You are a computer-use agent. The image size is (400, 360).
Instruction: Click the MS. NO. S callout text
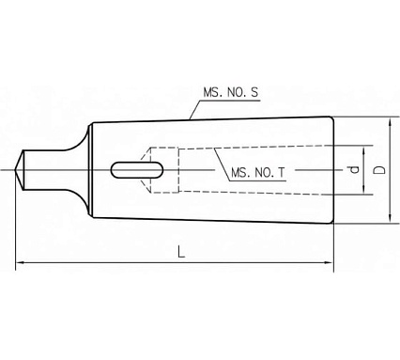pyautogui.click(x=231, y=92)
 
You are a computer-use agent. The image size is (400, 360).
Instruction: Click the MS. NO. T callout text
pyautogui.click(x=258, y=173)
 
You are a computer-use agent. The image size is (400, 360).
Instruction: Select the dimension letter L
pyautogui.click(x=181, y=252)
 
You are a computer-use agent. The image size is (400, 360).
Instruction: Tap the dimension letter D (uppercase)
pyautogui.click(x=380, y=170)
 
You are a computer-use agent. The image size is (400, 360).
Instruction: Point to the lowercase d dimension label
pyautogui.click(x=354, y=170)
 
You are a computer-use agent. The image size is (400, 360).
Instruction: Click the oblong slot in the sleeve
pyautogui.click(x=137, y=170)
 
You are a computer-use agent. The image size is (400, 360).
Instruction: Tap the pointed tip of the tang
pyautogui.click(x=15, y=170)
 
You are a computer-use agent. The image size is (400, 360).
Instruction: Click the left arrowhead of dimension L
pyautogui.click(x=20, y=262)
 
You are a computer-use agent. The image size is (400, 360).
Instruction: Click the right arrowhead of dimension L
pyautogui.click(x=330, y=262)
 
